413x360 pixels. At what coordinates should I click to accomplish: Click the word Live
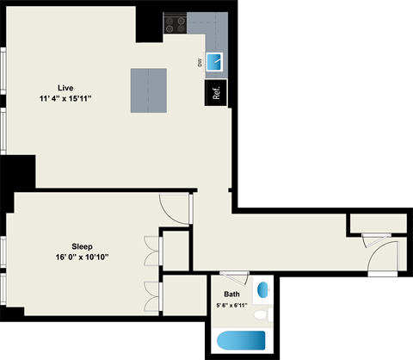pyautogui.click(x=65, y=88)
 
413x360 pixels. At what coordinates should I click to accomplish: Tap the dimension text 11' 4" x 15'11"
pyautogui.click(x=65, y=99)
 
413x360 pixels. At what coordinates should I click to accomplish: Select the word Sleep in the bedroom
pyautogui.click(x=83, y=245)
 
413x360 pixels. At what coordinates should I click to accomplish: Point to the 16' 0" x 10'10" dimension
pyautogui.click(x=83, y=257)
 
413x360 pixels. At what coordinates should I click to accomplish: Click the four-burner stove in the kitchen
pyautogui.click(x=176, y=25)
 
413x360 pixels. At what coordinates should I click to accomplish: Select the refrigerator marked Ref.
pyautogui.click(x=215, y=93)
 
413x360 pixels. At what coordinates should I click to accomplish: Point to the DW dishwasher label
pyautogui.click(x=200, y=61)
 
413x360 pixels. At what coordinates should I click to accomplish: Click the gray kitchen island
pyautogui.click(x=148, y=90)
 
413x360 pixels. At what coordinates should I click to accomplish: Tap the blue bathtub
pyautogui.click(x=241, y=340)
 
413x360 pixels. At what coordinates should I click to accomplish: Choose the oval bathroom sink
pyautogui.click(x=263, y=289)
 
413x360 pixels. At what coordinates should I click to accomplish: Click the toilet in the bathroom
pyautogui.click(x=262, y=314)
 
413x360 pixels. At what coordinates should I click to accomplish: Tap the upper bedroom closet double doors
pyautogui.click(x=154, y=250)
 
